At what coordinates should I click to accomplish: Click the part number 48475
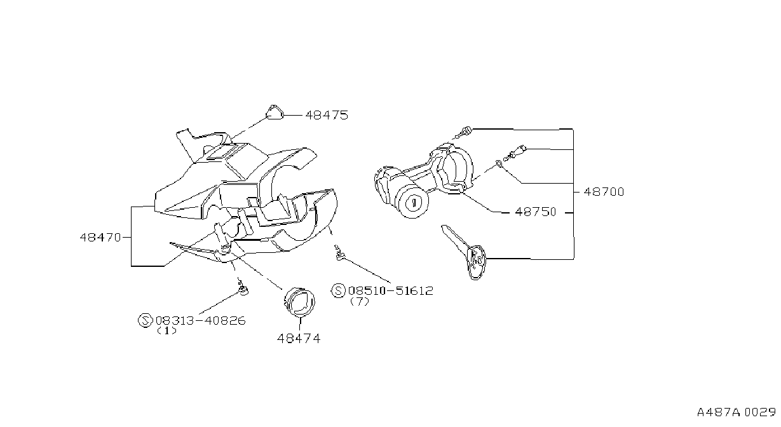327,115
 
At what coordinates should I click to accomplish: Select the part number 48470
100,238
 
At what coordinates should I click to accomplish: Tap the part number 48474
299,339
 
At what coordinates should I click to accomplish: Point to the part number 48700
604,192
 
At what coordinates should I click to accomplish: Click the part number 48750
536,212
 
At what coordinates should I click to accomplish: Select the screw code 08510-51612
391,291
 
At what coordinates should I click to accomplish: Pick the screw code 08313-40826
201,320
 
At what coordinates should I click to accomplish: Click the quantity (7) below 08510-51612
359,301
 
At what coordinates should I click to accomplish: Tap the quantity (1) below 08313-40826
166,330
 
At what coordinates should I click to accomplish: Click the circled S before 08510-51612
338,291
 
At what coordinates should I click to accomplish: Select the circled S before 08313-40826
145,320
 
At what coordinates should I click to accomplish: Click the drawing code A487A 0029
737,412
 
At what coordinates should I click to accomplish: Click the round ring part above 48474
299,302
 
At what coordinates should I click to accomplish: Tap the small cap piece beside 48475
275,112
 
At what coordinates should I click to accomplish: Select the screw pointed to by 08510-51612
339,253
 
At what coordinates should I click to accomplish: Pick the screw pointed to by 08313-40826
243,288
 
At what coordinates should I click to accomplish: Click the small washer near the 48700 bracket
499,163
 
